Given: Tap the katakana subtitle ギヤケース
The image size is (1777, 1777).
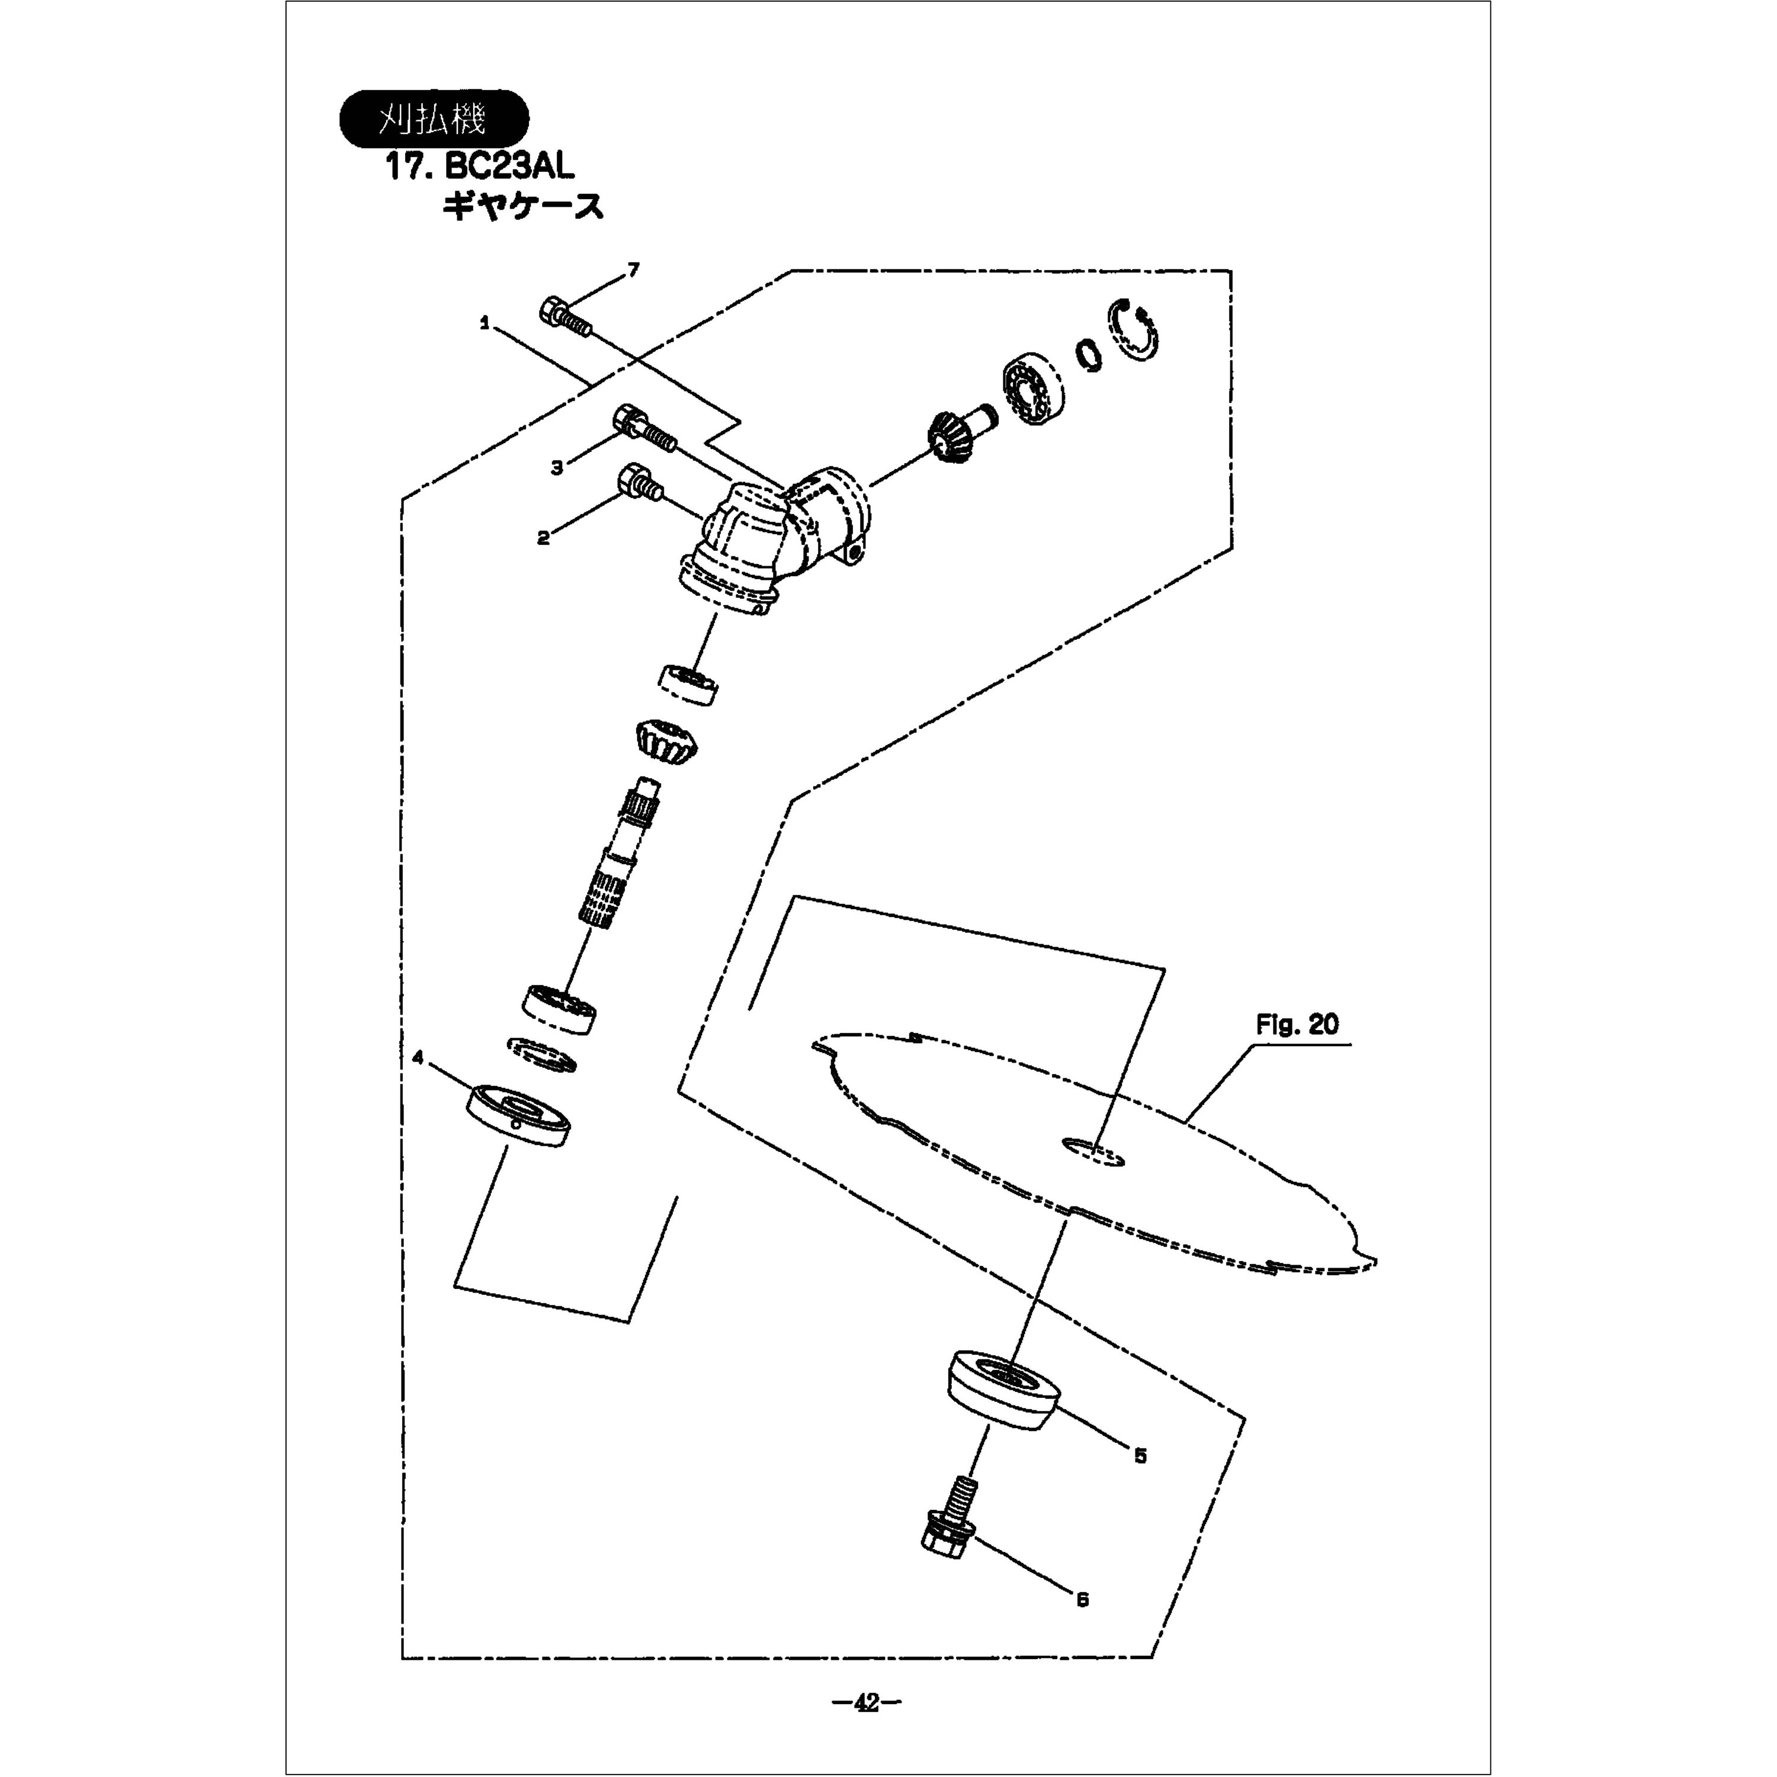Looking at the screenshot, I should pos(522,207).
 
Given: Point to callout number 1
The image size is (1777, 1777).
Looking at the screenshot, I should pos(484,323).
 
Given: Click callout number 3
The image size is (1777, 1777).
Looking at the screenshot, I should pos(556,468).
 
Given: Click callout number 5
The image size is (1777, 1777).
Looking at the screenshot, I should pos(1140,1455).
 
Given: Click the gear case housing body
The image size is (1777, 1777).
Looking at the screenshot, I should pos(772,543).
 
